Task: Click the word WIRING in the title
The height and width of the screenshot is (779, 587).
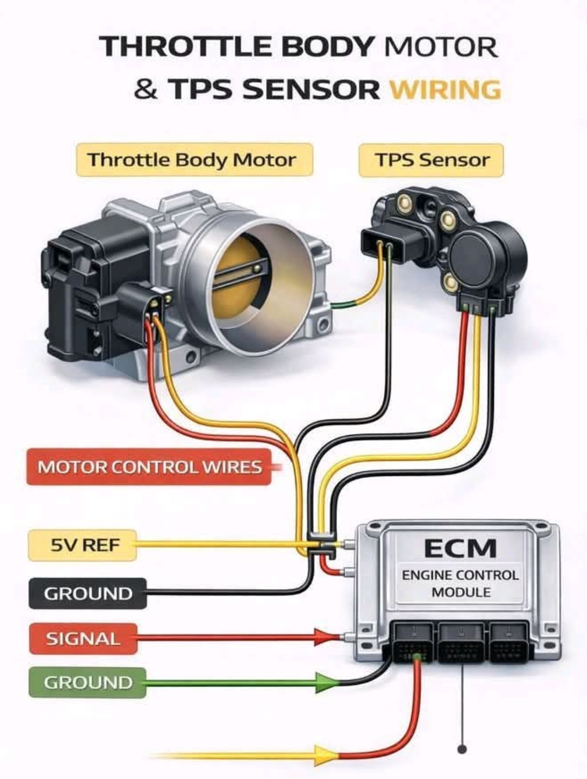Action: (445, 89)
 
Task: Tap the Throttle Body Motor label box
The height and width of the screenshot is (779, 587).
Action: (194, 160)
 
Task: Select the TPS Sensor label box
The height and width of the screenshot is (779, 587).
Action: (431, 160)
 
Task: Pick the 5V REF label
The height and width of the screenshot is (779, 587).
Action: (82, 545)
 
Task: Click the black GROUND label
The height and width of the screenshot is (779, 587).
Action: (88, 593)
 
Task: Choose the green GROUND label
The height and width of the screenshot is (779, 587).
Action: (88, 683)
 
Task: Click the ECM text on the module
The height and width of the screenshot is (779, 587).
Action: (460, 548)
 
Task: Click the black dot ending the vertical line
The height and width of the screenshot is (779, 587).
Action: (462, 749)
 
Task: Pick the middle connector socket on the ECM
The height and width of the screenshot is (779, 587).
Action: (461, 643)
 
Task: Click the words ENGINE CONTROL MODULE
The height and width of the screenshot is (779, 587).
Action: (460, 583)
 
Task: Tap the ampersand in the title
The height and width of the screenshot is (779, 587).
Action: (146, 89)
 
